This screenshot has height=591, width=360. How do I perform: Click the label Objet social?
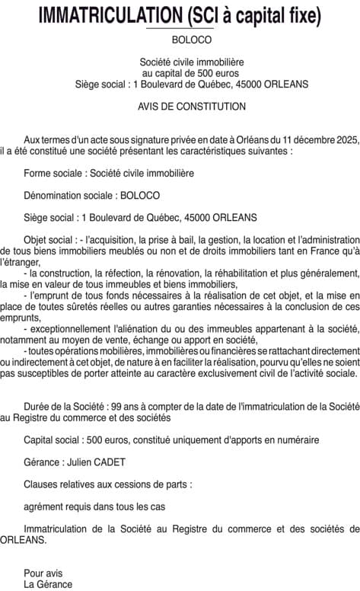tap(49, 239)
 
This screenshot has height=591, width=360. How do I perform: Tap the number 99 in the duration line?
tap(112, 407)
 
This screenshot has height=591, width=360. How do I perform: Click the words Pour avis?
tap(43, 573)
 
